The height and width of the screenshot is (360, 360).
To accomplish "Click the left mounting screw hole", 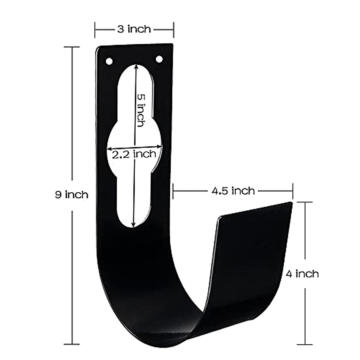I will tap(109, 61).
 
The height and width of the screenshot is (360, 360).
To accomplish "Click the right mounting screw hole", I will tap(159, 58).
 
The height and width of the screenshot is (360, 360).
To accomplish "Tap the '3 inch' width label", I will tap(134, 29).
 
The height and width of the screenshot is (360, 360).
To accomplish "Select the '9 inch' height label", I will tap(72, 195).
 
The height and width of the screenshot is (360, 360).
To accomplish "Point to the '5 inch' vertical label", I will tap(141, 110).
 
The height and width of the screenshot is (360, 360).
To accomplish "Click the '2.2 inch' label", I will tap(134, 154).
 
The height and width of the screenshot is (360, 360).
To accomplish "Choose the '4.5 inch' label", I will tap(233, 190).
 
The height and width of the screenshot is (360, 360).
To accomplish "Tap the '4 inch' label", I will tap(302, 274).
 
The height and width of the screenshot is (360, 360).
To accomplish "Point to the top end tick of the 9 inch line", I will tap(72, 47).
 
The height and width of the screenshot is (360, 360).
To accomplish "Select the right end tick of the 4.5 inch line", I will tap(292, 190).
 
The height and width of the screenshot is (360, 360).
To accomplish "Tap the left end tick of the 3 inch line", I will tap(95, 29).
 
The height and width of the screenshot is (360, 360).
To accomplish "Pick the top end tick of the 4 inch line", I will tap(305, 202).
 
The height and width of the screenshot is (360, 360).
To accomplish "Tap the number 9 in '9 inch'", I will tap(58, 195).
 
